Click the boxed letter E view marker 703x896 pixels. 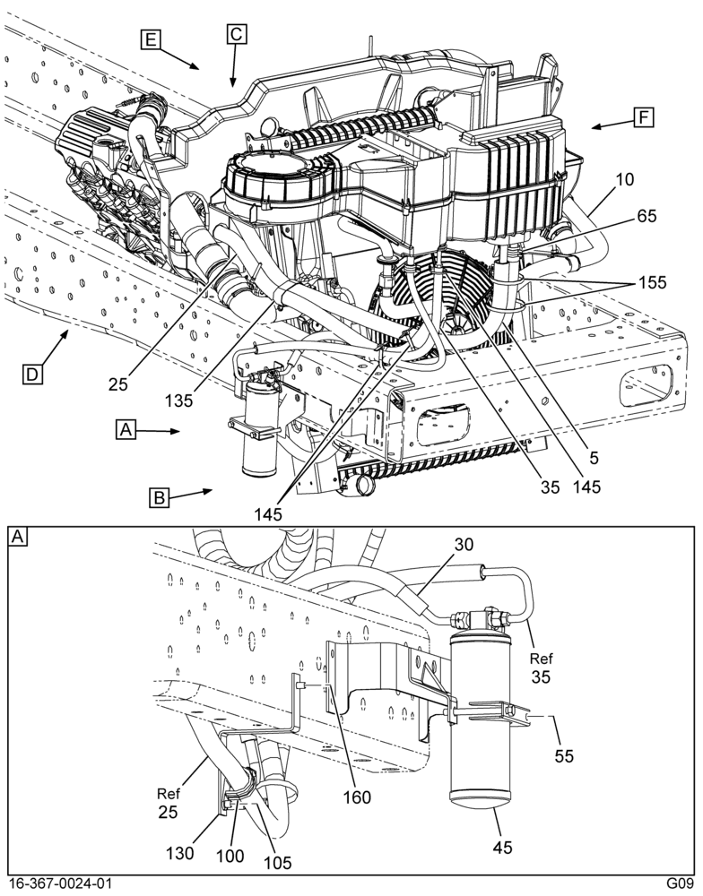point(151,39)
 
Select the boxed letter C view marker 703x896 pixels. point(236,34)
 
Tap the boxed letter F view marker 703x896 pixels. point(644,117)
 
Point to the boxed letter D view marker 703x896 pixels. point(32,375)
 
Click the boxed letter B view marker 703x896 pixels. point(159,497)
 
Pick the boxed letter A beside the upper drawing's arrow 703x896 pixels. point(126,429)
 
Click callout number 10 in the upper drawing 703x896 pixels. point(625,179)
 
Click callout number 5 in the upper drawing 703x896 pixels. point(594,457)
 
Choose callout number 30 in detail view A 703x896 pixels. point(464,545)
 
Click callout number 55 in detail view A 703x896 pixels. point(564,755)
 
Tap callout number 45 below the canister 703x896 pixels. point(503,848)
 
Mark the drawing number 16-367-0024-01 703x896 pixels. point(61,883)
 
